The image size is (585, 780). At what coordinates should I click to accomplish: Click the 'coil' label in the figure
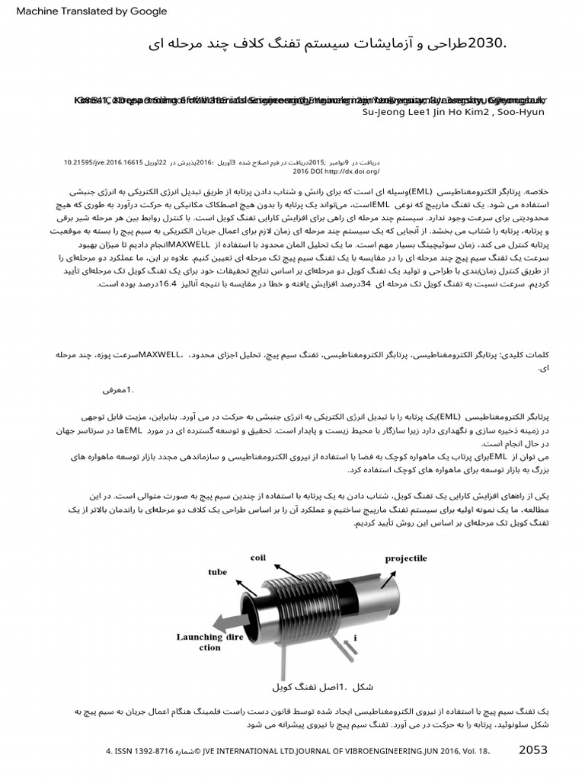coord(257,558)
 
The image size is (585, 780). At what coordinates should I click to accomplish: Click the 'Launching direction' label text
coord(210,641)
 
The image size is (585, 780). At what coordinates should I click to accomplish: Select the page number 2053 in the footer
coord(532,750)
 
